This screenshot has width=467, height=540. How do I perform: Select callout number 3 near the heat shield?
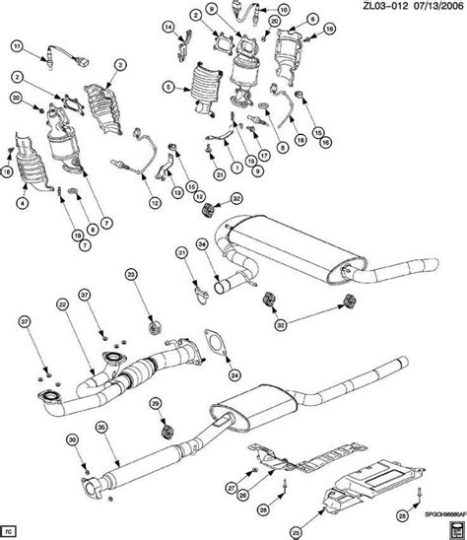(x=119, y=65)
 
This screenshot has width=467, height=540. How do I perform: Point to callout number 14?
(x=168, y=26)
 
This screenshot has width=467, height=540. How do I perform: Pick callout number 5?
(x=169, y=88)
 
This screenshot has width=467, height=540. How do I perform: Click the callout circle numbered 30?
(x=72, y=439)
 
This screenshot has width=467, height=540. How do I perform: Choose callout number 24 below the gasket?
(x=233, y=374)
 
